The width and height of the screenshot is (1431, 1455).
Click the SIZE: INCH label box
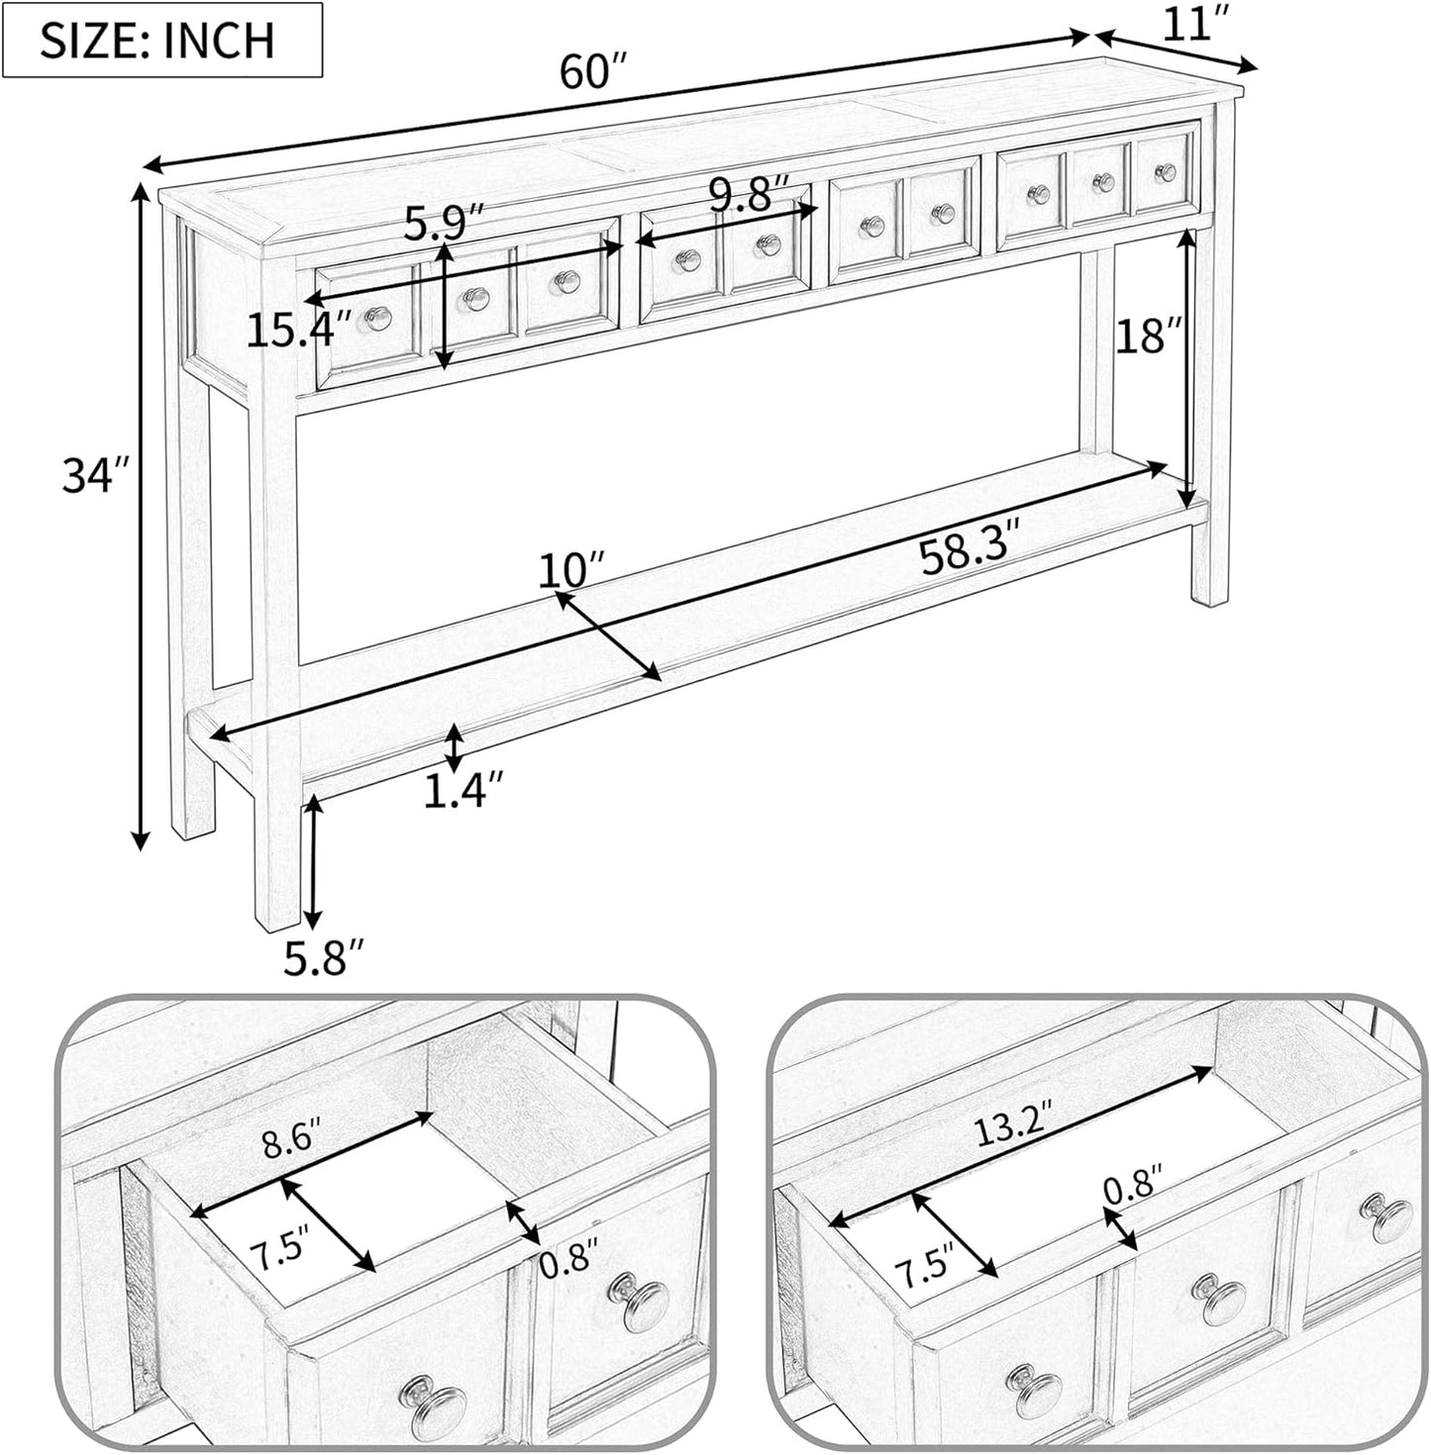click(x=161, y=40)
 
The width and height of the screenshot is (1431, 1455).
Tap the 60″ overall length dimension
click(x=594, y=71)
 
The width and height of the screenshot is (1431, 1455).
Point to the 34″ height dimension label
click(x=97, y=476)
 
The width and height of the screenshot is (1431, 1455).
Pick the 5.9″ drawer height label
click(x=443, y=225)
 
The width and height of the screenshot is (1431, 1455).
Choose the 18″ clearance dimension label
click(x=1149, y=335)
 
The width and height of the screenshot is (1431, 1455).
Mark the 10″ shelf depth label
click(x=572, y=569)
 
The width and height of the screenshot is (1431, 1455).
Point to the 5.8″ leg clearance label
click(x=325, y=957)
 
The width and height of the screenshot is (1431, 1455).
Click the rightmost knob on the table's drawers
click(x=1167, y=171)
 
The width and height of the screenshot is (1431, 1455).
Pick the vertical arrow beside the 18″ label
click(x=1187, y=368)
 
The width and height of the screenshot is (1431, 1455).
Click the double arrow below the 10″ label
click(x=608, y=635)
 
